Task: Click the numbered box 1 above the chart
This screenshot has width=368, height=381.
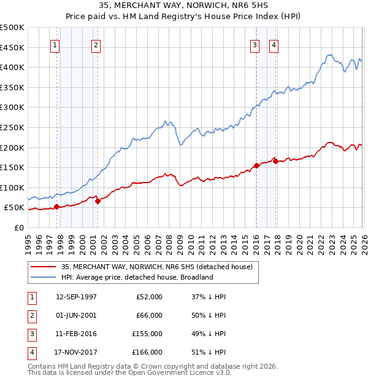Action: point(55,44)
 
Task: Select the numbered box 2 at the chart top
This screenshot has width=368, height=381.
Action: point(97,44)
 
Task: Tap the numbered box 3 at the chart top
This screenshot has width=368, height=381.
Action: point(254,44)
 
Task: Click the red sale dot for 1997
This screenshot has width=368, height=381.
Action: point(56,206)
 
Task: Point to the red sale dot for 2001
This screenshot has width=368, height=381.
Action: point(98,201)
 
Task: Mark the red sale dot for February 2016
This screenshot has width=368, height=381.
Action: point(256,165)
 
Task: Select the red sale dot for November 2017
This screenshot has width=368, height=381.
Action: point(275,161)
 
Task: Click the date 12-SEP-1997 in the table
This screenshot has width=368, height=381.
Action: point(76,297)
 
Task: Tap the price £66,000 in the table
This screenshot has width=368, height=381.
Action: point(149,315)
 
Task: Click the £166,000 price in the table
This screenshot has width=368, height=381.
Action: point(147,352)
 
